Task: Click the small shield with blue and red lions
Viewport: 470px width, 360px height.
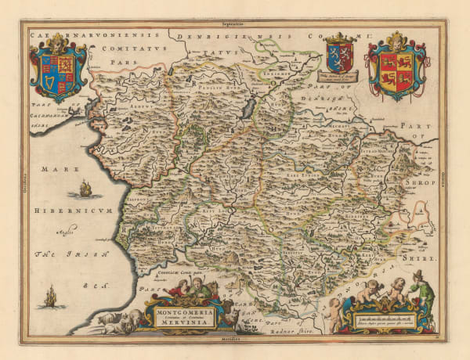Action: (x=339, y=53)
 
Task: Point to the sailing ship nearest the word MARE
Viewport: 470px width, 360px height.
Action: (x=85, y=188)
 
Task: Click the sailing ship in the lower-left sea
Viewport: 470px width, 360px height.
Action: (x=51, y=296)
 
